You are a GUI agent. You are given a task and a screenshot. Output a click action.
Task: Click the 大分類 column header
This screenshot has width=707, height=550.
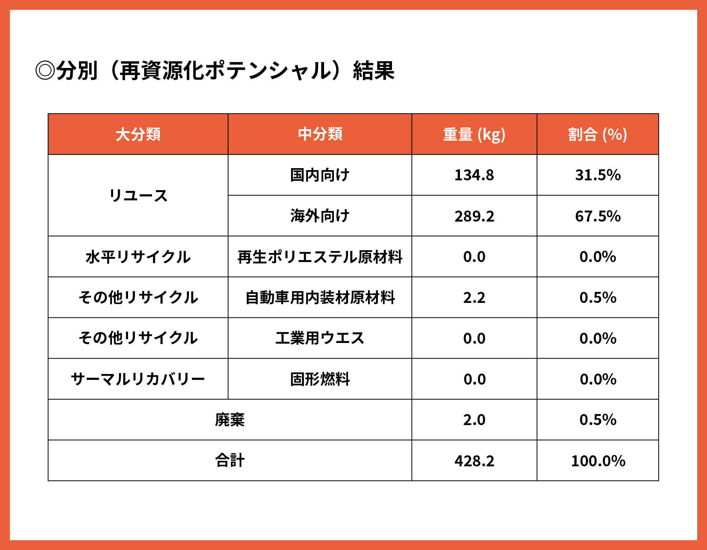138,134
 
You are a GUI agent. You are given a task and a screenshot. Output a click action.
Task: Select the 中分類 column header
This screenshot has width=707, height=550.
320,134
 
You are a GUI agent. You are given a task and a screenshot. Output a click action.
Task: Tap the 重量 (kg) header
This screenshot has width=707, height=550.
474,134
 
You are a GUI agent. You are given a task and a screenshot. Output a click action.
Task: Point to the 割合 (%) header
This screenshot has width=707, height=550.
597,134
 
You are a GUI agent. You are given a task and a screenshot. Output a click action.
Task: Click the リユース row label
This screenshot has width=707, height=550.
138,196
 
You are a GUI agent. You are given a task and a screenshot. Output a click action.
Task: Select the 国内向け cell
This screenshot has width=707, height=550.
320,175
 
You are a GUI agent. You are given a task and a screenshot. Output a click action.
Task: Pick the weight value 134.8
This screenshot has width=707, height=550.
474,175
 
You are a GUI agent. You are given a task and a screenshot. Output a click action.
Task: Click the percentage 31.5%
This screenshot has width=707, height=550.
597,175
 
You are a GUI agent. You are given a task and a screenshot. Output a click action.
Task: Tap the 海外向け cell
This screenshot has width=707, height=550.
320,216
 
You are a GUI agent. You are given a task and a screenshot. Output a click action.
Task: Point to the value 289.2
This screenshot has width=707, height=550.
474,216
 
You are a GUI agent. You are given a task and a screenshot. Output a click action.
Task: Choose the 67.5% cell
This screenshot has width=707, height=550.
597,216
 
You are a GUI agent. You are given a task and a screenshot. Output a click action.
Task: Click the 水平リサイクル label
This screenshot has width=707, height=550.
138,257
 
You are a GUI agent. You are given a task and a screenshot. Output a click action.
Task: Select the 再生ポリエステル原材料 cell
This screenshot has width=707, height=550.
320,257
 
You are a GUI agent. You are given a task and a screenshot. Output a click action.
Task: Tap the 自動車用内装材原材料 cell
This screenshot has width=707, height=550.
320,298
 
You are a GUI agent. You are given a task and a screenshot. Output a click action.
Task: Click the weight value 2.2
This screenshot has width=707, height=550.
474,298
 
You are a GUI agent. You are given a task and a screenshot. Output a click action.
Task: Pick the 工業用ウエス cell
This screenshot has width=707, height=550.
320,338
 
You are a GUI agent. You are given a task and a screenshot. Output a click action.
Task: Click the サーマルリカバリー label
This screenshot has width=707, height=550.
138,379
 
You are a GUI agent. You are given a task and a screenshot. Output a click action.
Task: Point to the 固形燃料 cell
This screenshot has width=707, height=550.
320,379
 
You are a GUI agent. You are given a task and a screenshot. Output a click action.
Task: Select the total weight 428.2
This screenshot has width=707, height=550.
474,461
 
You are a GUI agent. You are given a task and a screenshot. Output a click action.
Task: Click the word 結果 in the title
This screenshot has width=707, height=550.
374,71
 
